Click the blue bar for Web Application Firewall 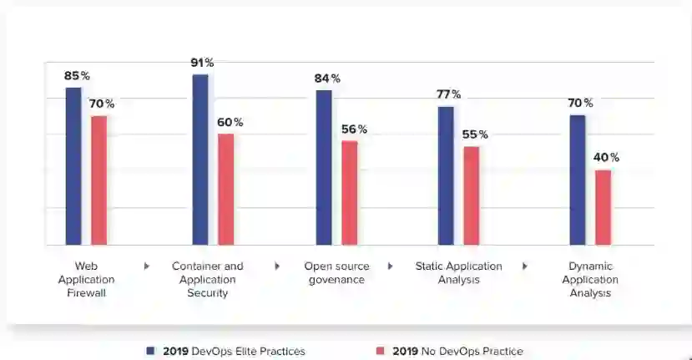(73, 166)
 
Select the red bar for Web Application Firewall (98, 180)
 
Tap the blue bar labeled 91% (200, 160)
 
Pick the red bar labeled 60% (225, 190)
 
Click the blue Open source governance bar (324, 167)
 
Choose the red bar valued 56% (349, 193)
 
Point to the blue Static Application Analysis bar (446, 175)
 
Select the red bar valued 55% (472, 195)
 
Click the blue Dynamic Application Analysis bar (578, 180)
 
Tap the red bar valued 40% (603, 207)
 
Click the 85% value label (77, 76)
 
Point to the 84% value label (327, 79)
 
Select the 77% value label (449, 94)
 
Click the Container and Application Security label (208, 280)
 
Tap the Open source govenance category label (335, 273)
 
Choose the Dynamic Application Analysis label (590, 280)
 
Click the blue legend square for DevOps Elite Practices (150, 351)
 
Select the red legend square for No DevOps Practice (381, 351)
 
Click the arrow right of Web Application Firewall (147, 266)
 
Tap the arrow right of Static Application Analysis (525, 266)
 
